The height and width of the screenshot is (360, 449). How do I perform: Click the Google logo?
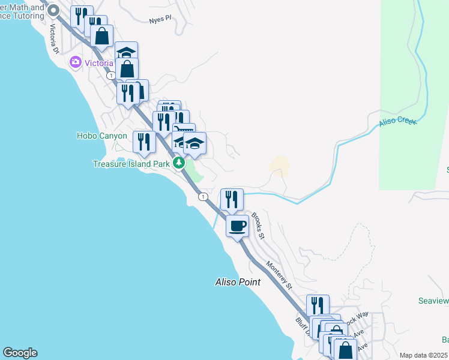[x=20, y=353]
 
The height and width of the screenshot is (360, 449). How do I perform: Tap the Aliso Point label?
[x=238, y=281]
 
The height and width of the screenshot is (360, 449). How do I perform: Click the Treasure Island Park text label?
[x=131, y=163]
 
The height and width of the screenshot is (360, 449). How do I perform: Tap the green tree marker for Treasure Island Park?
[x=178, y=163]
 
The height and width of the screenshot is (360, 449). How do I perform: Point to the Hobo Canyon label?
[x=102, y=136]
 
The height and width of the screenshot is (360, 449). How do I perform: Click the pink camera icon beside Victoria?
[x=76, y=62]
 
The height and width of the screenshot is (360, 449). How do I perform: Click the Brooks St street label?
[x=258, y=225]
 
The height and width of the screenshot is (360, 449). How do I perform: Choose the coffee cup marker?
[x=237, y=226]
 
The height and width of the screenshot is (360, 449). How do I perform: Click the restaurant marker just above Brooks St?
[x=232, y=199]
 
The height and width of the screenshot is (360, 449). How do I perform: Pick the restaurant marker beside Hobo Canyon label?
[x=144, y=142]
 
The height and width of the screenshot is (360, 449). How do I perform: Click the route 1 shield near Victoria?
[x=111, y=76]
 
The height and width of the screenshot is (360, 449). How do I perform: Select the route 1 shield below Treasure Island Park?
[x=203, y=197]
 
